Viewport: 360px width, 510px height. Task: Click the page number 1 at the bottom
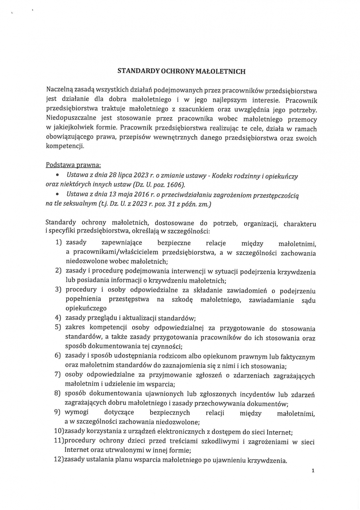313,471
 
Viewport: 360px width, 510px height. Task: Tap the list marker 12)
59,461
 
